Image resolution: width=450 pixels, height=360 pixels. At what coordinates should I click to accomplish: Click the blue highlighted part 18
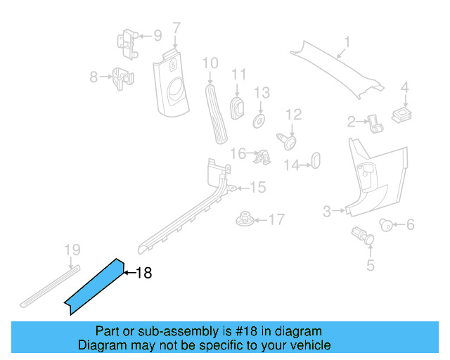pyautogui.click(x=95, y=285)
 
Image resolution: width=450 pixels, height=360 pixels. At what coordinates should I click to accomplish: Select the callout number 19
pyautogui.click(x=72, y=250)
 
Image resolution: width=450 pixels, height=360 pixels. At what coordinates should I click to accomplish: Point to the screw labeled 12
pyautogui.click(x=288, y=141)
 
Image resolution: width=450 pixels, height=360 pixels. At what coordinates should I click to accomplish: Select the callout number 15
pyautogui.click(x=258, y=187)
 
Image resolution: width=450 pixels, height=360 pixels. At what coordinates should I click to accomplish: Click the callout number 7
pyautogui.click(x=176, y=28)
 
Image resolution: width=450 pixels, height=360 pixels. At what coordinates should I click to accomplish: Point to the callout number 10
pyautogui.click(x=210, y=63)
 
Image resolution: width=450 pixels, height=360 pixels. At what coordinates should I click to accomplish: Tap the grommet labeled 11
pyautogui.click(x=237, y=108)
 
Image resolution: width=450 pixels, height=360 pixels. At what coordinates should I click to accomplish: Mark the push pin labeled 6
pyautogui.click(x=385, y=224)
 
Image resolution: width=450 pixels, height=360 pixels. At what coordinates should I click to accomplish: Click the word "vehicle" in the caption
pyautogui.click(x=307, y=345)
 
